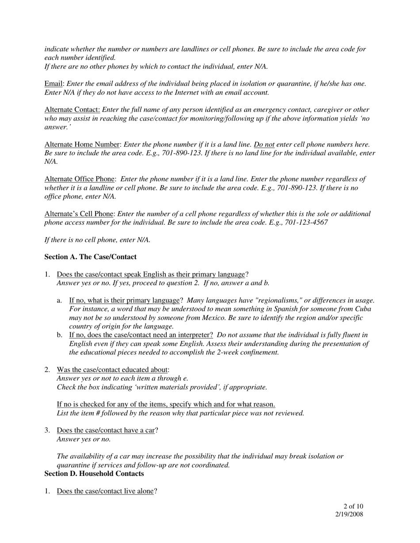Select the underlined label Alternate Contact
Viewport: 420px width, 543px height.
[72, 109]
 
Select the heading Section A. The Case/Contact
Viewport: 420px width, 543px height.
[90, 257]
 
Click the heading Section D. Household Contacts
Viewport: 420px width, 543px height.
[94, 473]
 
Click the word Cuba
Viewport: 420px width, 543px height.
[363, 309]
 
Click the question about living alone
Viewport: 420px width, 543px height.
[105, 491]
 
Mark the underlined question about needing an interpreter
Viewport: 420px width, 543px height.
[141, 335]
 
